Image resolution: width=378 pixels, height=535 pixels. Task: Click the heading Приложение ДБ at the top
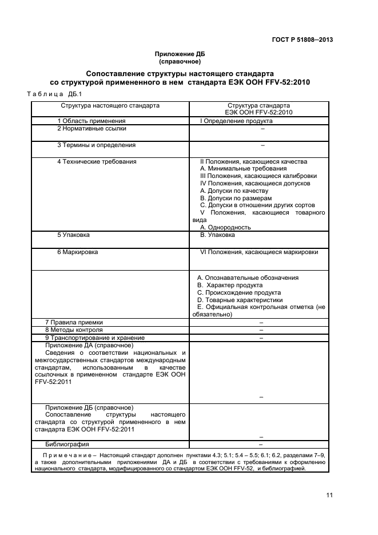(180, 54)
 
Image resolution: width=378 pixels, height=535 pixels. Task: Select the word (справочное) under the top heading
(180, 61)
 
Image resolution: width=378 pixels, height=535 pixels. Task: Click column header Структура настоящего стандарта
(110, 106)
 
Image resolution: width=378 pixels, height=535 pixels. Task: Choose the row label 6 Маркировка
(77, 252)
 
